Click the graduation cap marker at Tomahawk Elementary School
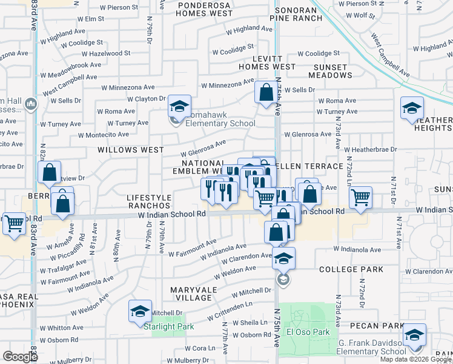[x=179, y=107]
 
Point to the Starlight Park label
[x=168, y=326]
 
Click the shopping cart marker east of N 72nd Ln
[x=360, y=197]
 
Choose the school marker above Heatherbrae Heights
[x=412, y=109]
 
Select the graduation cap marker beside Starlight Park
[x=140, y=312]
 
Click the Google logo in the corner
[x=20, y=357]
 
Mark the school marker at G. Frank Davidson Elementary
[x=414, y=335]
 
